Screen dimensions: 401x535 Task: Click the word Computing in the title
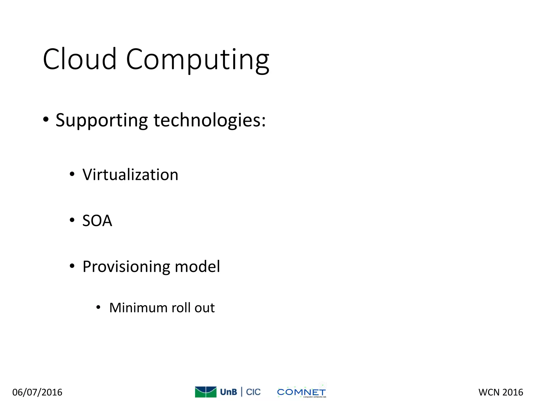tap(197, 60)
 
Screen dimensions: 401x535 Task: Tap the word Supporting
tap(102, 120)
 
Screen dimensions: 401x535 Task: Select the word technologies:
tap(210, 120)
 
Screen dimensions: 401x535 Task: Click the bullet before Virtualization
tap(72, 174)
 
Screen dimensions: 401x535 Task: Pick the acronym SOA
tap(97, 221)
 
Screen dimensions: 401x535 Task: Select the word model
tap(197, 267)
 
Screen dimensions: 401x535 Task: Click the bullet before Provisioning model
tap(72, 266)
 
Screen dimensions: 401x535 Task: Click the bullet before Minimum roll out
tap(98, 308)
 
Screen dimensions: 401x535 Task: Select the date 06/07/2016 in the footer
tap(37, 392)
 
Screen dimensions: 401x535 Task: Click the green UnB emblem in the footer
tap(206, 392)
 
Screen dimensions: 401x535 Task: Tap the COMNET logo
tap(301, 392)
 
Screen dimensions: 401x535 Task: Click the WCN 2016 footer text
tap(501, 392)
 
